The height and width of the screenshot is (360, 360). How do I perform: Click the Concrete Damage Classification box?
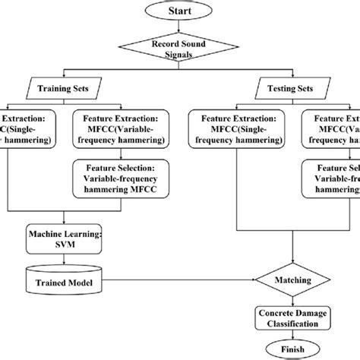click(294, 318)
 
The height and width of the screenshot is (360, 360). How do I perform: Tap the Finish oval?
click(294, 350)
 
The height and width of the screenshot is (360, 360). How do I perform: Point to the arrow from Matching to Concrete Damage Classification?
click(294, 300)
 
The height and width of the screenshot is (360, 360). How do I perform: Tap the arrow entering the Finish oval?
click(294, 336)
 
